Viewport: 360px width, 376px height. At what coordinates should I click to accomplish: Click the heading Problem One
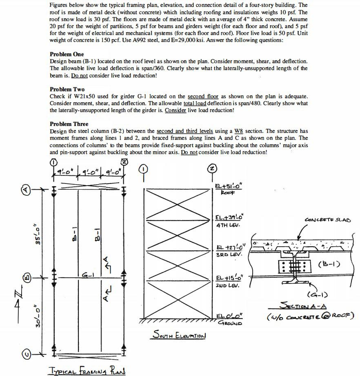pos(67,54)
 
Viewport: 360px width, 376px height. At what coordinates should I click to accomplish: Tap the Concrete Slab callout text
pos(327,220)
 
